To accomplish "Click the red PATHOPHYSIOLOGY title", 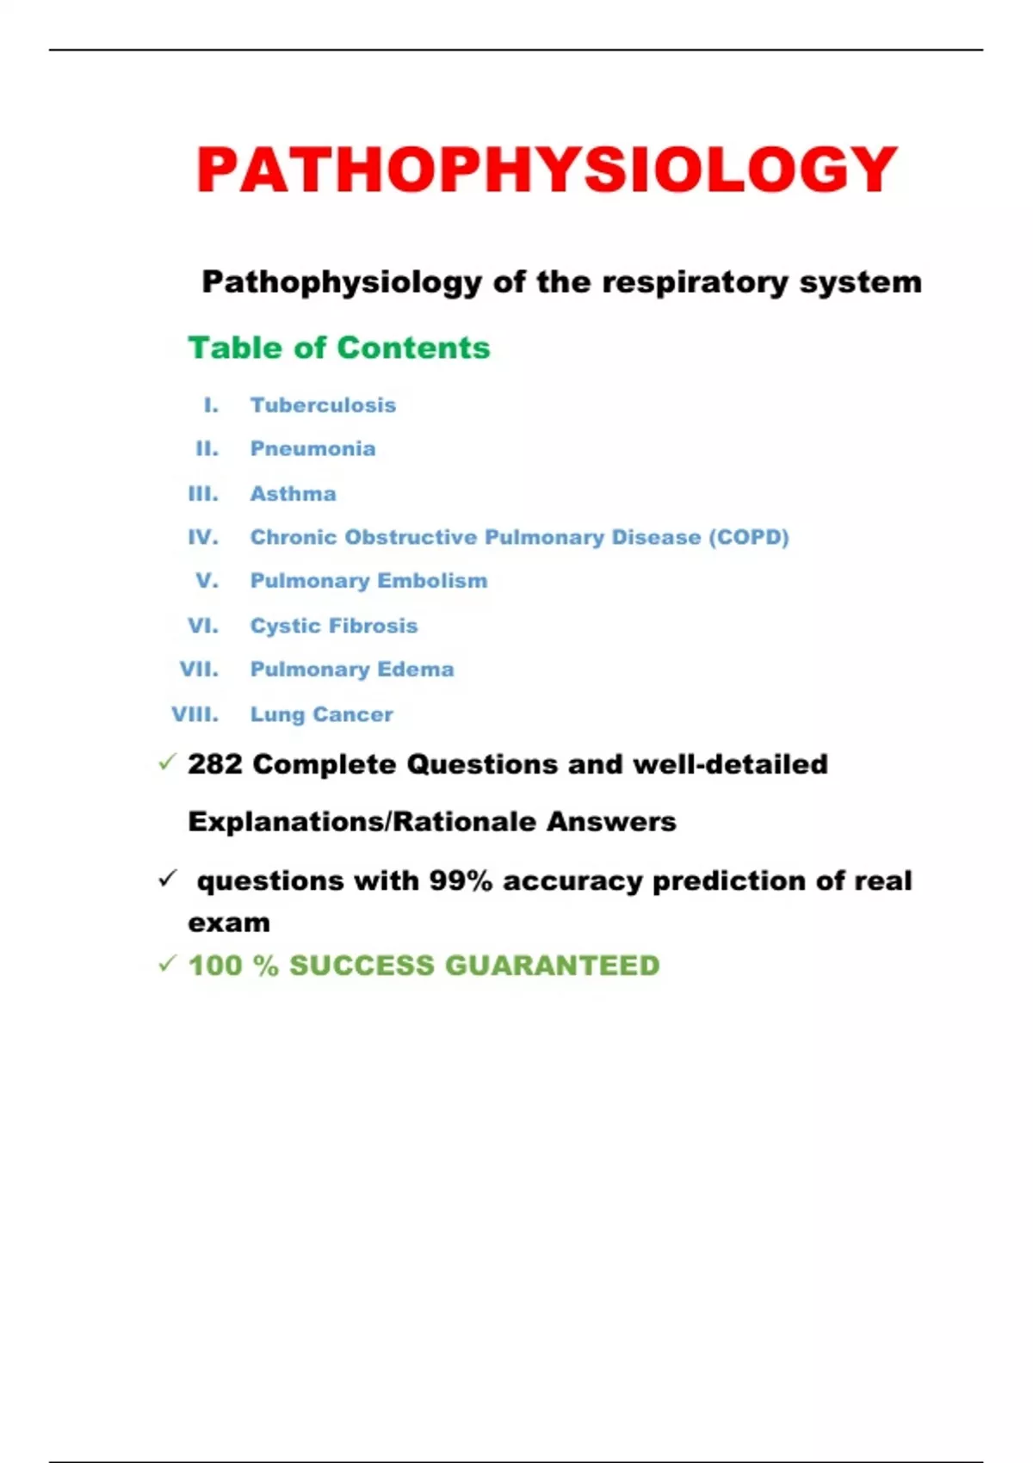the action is pyautogui.click(x=547, y=170).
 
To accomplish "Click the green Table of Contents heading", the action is pyautogui.click(x=338, y=348).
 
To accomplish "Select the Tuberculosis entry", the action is pyautogui.click(x=323, y=405).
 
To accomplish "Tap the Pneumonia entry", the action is pyautogui.click(x=312, y=448).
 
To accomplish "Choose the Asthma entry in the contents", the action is pyautogui.click(x=293, y=494).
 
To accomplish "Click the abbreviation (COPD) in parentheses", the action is pyautogui.click(x=749, y=537).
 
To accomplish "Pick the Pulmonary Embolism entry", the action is pyautogui.click(x=368, y=581).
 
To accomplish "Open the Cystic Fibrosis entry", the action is pyautogui.click(x=333, y=626).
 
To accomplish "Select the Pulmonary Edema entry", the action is pyautogui.click(x=351, y=670).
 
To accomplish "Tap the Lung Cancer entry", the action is pyautogui.click(x=321, y=714).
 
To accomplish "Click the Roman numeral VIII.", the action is pyautogui.click(x=195, y=714).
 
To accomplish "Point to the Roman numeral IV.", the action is pyautogui.click(x=203, y=537).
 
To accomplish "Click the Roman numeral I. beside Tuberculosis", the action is pyautogui.click(x=211, y=405).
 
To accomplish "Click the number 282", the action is pyautogui.click(x=215, y=764).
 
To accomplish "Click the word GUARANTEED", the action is pyautogui.click(x=552, y=966).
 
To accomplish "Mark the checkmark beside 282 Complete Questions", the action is pyautogui.click(x=167, y=762).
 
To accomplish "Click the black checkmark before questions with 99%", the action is pyautogui.click(x=167, y=879).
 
